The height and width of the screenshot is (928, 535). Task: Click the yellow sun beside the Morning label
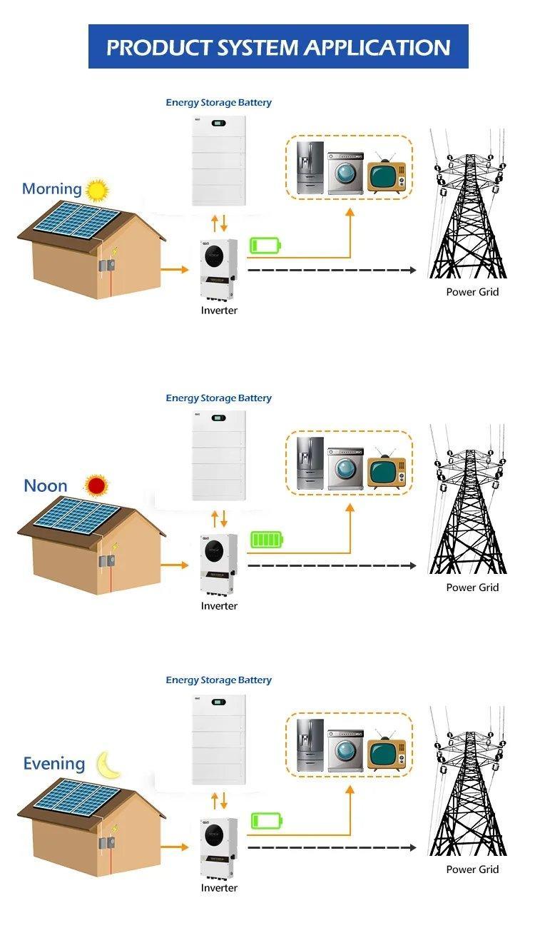point(97,190)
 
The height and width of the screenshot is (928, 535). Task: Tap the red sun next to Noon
point(96,485)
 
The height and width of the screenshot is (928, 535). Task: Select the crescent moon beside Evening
point(108,765)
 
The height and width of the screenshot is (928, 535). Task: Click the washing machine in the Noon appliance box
point(345,468)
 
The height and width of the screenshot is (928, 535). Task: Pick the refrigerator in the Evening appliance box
point(310,745)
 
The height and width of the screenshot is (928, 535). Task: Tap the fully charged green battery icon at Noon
point(267,540)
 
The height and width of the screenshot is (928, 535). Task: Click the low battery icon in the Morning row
point(265,246)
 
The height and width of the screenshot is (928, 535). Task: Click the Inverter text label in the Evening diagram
point(219,888)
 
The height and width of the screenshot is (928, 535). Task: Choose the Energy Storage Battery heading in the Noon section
point(219,398)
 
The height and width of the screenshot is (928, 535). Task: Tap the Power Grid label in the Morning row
point(472,292)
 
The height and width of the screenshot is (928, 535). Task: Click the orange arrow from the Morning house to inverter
point(175,270)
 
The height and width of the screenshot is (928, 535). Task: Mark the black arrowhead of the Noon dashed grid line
point(412,565)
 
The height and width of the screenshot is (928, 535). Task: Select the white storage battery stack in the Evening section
point(219,738)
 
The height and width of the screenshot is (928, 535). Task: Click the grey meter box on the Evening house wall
point(107,843)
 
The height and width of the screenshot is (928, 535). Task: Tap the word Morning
point(51,189)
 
